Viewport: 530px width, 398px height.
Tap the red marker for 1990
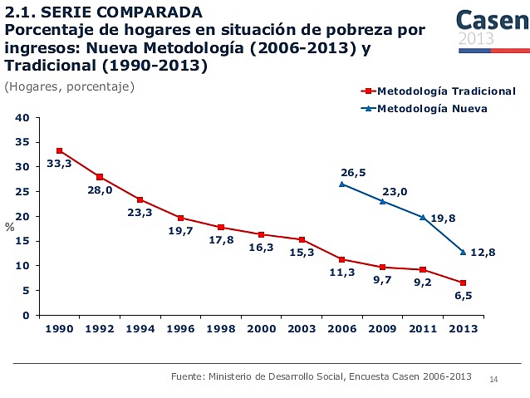point(59,150)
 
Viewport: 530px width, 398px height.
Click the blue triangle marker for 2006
point(341,184)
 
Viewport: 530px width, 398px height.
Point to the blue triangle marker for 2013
point(463,252)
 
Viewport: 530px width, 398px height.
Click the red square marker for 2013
point(463,283)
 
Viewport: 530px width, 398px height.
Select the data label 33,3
point(58,164)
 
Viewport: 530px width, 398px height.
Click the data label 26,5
point(353,172)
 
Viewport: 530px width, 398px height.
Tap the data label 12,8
point(483,252)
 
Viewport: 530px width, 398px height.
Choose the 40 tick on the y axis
point(22,118)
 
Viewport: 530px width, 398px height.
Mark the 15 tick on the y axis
point(22,242)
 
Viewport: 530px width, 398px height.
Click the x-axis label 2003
point(302,329)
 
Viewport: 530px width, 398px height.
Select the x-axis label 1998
point(220,329)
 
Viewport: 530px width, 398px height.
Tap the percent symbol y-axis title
point(9,226)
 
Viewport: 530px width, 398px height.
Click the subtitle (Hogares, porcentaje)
point(69,86)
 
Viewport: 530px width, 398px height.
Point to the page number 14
point(493,380)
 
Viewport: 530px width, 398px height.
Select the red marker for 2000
point(261,234)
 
